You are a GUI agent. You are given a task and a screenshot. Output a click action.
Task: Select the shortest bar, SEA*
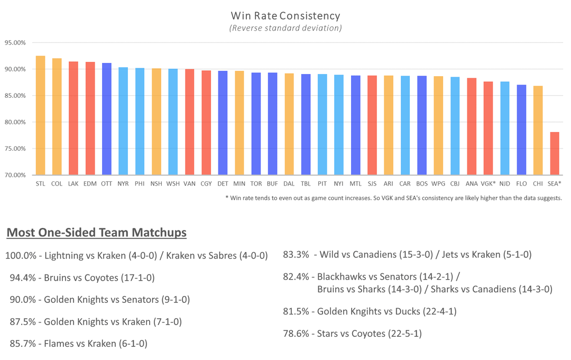[x=555, y=153]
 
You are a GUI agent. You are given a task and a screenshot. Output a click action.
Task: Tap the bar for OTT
[x=107, y=119]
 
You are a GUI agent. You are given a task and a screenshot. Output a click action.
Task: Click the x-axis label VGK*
[x=488, y=183]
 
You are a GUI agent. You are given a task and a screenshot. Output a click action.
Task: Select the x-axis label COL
[x=57, y=183]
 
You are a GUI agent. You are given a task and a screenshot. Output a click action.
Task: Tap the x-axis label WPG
[x=438, y=183]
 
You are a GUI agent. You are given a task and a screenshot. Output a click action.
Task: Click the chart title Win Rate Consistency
[x=285, y=16]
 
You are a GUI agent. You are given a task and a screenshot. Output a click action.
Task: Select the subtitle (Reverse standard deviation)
[x=285, y=28]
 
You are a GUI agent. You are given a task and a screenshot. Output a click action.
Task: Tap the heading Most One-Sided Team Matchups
[x=96, y=233]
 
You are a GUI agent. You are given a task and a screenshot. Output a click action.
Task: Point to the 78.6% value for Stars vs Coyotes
[x=296, y=334]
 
